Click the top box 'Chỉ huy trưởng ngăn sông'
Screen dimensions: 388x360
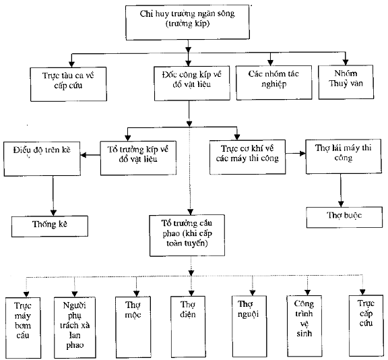(x=187, y=22)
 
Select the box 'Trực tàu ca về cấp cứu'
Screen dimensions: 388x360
(x=69, y=84)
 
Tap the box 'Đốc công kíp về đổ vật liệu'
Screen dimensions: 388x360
(x=192, y=83)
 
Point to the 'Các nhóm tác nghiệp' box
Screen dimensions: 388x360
(x=274, y=82)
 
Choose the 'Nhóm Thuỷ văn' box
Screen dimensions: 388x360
(x=346, y=82)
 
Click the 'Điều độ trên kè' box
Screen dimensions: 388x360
(x=42, y=158)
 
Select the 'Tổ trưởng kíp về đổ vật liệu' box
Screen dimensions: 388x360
(x=138, y=158)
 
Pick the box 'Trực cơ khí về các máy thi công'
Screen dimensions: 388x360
(x=247, y=157)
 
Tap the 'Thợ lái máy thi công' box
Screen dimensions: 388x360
(x=344, y=156)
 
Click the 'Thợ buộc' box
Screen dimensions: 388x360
(x=344, y=217)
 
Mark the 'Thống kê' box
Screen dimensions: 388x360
(x=50, y=226)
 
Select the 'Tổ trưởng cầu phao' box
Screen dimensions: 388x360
(x=187, y=235)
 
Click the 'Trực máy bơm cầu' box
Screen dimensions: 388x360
(x=23, y=328)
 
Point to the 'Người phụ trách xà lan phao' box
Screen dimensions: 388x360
(x=75, y=328)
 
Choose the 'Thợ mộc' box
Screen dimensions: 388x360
(x=133, y=327)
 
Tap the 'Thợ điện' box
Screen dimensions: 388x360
(x=188, y=326)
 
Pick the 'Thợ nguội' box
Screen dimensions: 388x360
(x=249, y=326)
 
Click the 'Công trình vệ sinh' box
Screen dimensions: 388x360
(x=304, y=326)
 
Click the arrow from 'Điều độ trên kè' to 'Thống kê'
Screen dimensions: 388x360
(x=53, y=196)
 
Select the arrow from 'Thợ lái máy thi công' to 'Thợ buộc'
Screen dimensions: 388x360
(x=341, y=190)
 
